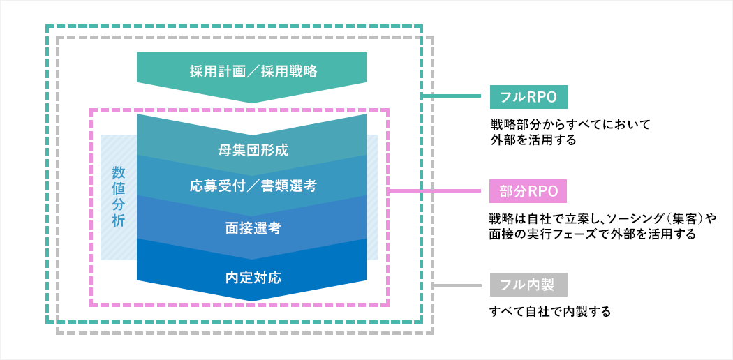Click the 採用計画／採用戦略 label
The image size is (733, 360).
point(253,71)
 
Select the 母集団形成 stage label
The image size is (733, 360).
point(253,151)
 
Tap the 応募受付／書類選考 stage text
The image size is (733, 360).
point(253,186)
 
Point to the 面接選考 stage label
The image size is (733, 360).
point(253,229)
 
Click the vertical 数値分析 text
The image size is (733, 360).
point(118,197)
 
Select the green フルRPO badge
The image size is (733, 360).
point(528,97)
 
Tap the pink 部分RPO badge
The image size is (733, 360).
point(528,191)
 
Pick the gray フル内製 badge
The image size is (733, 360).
point(528,285)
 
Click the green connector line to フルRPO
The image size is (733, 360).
point(452,96)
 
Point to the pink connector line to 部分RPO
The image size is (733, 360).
point(435,190)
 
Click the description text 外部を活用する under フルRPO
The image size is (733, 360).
point(533,140)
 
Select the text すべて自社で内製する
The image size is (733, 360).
point(550,311)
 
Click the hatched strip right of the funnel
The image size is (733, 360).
point(373,197)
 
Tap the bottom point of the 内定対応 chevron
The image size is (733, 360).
point(252,301)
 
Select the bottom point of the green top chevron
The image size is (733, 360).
point(252,103)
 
